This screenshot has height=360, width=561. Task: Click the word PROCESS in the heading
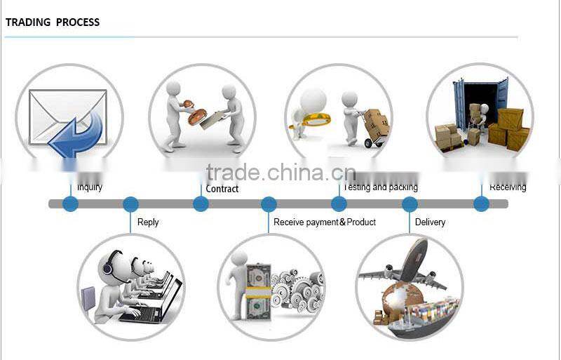[x=78, y=22]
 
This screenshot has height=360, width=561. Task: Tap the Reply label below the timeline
[x=148, y=222]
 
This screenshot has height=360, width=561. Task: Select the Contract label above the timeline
[x=222, y=189]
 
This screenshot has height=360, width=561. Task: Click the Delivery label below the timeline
[x=430, y=222]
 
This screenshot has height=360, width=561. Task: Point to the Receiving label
[x=508, y=187]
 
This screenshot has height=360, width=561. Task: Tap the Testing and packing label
[x=380, y=187]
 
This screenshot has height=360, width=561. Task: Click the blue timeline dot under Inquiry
[x=70, y=204]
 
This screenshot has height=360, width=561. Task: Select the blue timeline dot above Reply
[x=130, y=204]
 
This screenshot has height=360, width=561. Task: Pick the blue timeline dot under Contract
[x=201, y=204]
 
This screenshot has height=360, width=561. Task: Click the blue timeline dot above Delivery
[x=410, y=204]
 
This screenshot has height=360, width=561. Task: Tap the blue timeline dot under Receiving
[x=481, y=204]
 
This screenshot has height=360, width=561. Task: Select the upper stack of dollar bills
[x=258, y=275]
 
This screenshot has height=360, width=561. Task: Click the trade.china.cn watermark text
[x=280, y=173]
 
